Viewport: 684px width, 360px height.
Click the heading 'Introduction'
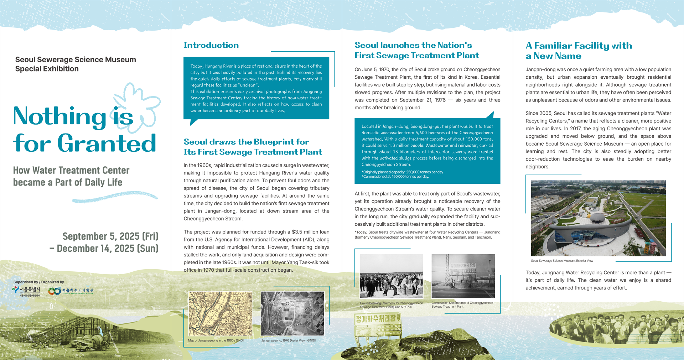click(x=211, y=45)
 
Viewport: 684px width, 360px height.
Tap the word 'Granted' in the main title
click(x=107, y=143)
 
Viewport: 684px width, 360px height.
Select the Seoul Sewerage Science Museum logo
click(x=71, y=291)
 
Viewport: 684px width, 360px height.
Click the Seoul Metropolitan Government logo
click(x=27, y=291)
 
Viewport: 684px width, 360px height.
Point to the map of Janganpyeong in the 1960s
click(x=220, y=313)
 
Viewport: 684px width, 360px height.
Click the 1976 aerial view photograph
click(x=292, y=313)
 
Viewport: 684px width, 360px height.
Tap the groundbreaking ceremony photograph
click(x=392, y=276)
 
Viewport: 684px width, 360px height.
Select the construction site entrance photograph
click(x=463, y=276)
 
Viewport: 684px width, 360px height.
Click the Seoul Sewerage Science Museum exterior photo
click(x=598, y=218)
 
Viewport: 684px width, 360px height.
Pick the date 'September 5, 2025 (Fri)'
click(x=110, y=236)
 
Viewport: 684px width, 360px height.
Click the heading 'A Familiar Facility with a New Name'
click(x=579, y=51)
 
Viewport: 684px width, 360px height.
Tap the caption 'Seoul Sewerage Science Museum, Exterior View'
click(x=562, y=261)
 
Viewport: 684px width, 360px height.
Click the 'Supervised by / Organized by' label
click(x=38, y=282)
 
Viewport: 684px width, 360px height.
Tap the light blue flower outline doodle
click(x=137, y=107)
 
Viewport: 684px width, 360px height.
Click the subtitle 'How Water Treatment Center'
click(x=71, y=170)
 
